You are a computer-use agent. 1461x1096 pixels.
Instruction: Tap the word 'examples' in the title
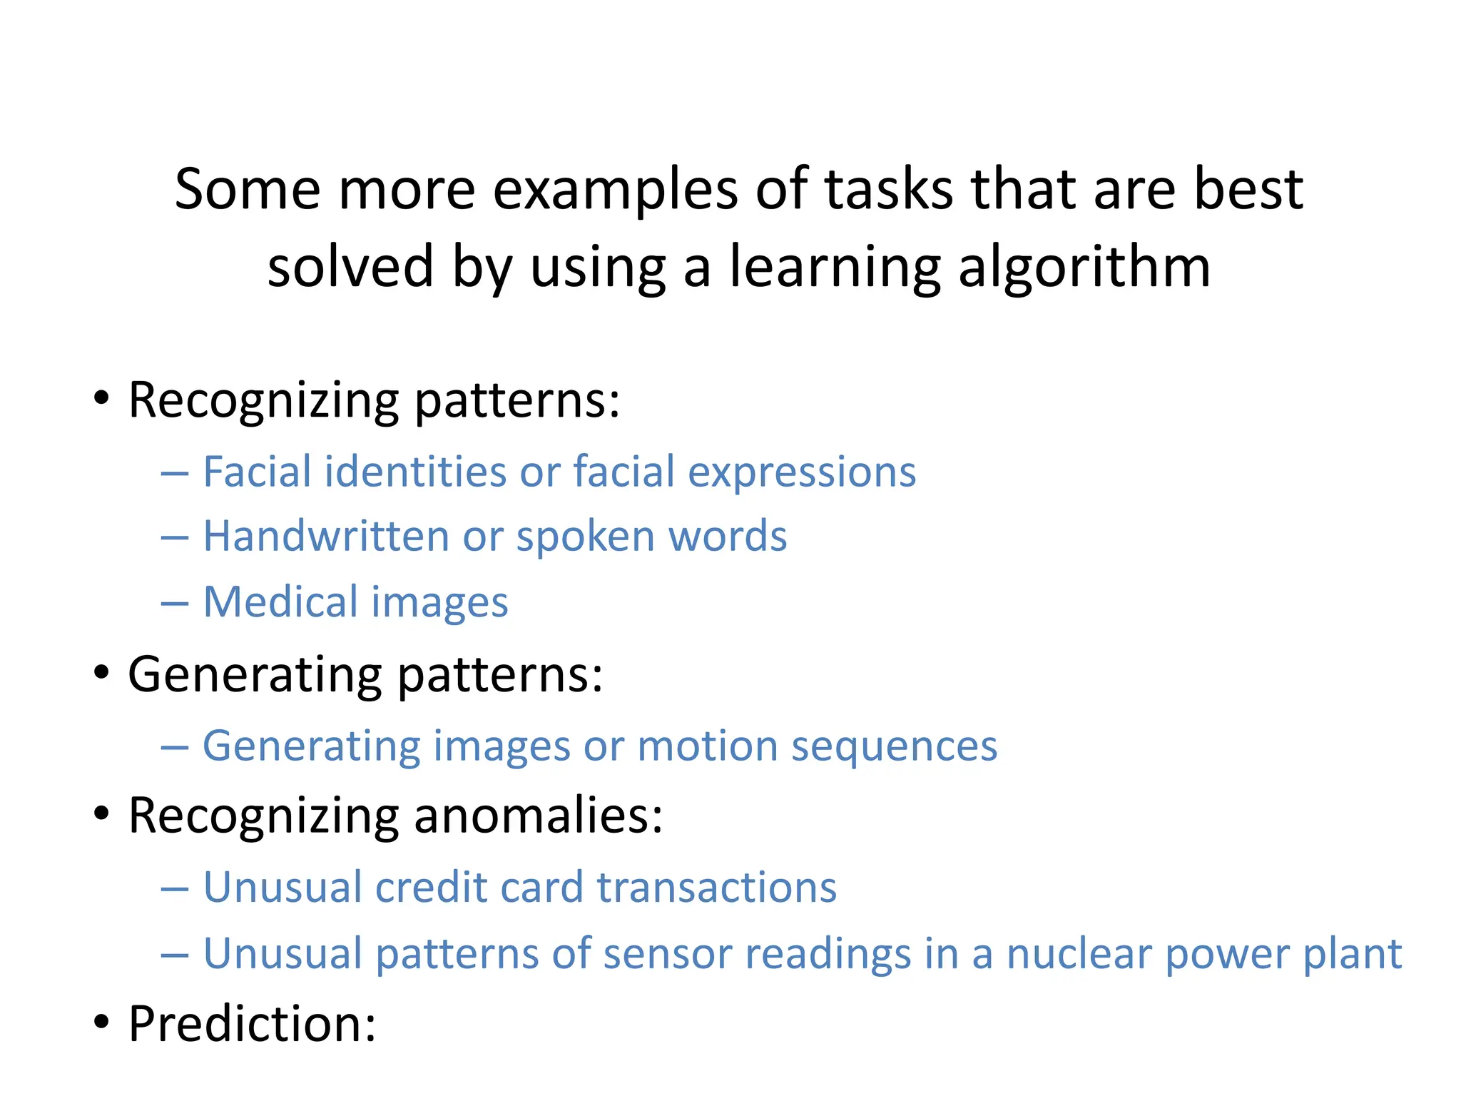615,190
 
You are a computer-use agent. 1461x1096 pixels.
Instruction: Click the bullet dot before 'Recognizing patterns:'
102,398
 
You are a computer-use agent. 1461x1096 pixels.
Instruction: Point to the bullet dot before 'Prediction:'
102,1022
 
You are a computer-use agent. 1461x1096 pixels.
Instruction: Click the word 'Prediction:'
252,1023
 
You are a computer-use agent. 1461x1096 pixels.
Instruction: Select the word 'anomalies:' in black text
538,815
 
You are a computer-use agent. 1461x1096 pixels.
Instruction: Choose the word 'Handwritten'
326,536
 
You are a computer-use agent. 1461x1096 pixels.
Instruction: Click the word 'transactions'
716,888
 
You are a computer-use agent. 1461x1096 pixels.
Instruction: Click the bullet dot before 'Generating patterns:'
102,672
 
